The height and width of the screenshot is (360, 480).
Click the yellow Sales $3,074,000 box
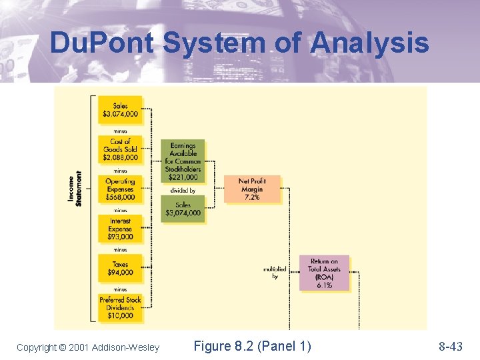[x=121, y=111]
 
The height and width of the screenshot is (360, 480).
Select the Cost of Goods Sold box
[x=121, y=150]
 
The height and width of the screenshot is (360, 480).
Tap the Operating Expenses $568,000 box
[x=121, y=189]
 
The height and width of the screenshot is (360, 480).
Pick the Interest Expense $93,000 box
[x=121, y=229]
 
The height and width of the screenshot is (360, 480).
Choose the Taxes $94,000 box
[x=121, y=268]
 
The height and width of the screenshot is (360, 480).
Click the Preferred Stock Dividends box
[x=121, y=308]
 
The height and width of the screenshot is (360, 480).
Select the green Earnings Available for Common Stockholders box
[x=183, y=161]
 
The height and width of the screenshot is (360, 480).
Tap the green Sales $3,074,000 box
[x=183, y=209]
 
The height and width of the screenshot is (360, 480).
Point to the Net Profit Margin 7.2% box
[x=252, y=189]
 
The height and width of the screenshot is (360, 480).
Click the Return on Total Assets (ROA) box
[x=324, y=273]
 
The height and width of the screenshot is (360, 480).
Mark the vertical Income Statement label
[x=75, y=189]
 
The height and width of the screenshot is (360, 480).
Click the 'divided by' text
[x=183, y=191]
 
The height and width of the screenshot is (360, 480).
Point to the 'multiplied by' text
[x=275, y=273]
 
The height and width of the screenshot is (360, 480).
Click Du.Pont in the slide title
[x=102, y=43]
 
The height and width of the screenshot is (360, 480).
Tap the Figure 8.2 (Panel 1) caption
[x=252, y=346]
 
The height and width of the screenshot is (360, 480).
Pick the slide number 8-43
[x=450, y=346]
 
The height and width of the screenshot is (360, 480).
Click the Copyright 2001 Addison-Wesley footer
[x=88, y=347]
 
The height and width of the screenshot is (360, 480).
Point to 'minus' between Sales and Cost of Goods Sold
[x=121, y=131]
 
